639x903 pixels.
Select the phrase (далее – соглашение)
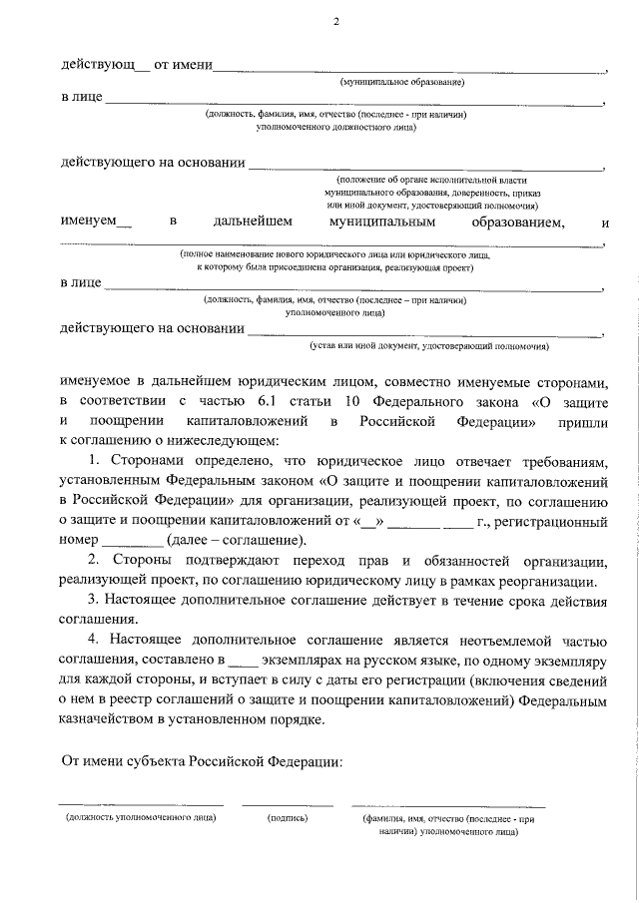(237, 541)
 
